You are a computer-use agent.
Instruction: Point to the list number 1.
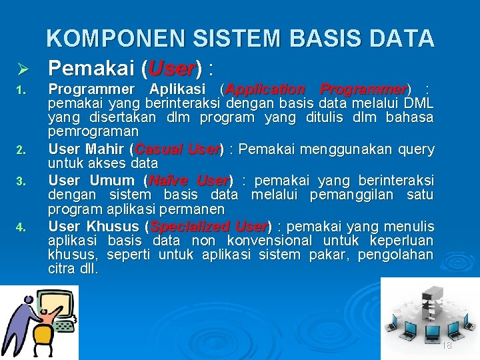point(20,90)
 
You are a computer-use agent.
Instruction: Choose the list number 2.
point(20,150)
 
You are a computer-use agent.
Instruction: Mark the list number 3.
point(20,181)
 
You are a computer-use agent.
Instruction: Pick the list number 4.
point(20,227)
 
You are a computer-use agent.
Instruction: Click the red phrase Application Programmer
point(316,89)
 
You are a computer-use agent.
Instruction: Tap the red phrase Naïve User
point(189,181)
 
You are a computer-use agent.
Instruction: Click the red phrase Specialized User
point(209,227)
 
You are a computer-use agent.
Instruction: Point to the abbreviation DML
point(419,103)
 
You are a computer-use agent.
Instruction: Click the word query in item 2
point(416,149)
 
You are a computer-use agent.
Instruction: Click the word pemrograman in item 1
point(93,132)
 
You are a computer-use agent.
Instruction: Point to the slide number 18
point(447,345)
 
